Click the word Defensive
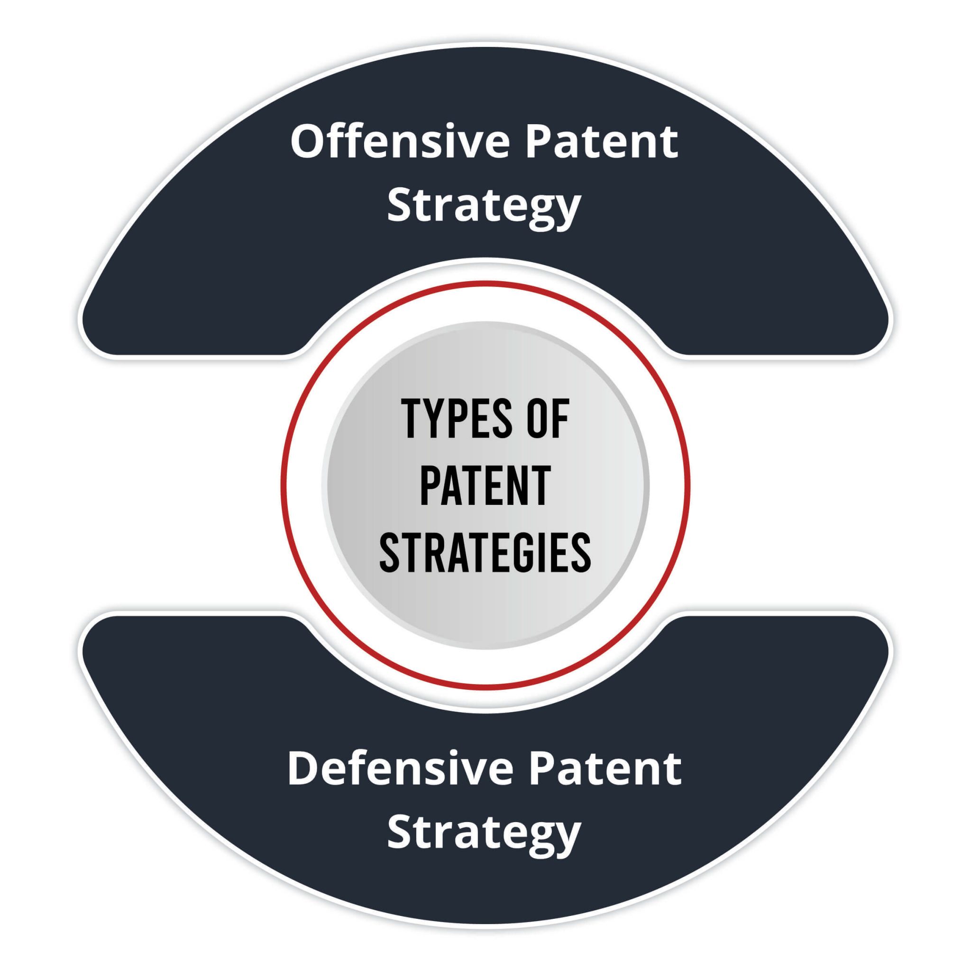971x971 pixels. [400, 769]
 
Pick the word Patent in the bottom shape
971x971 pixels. [605, 769]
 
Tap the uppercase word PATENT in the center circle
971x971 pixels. [485, 485]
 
